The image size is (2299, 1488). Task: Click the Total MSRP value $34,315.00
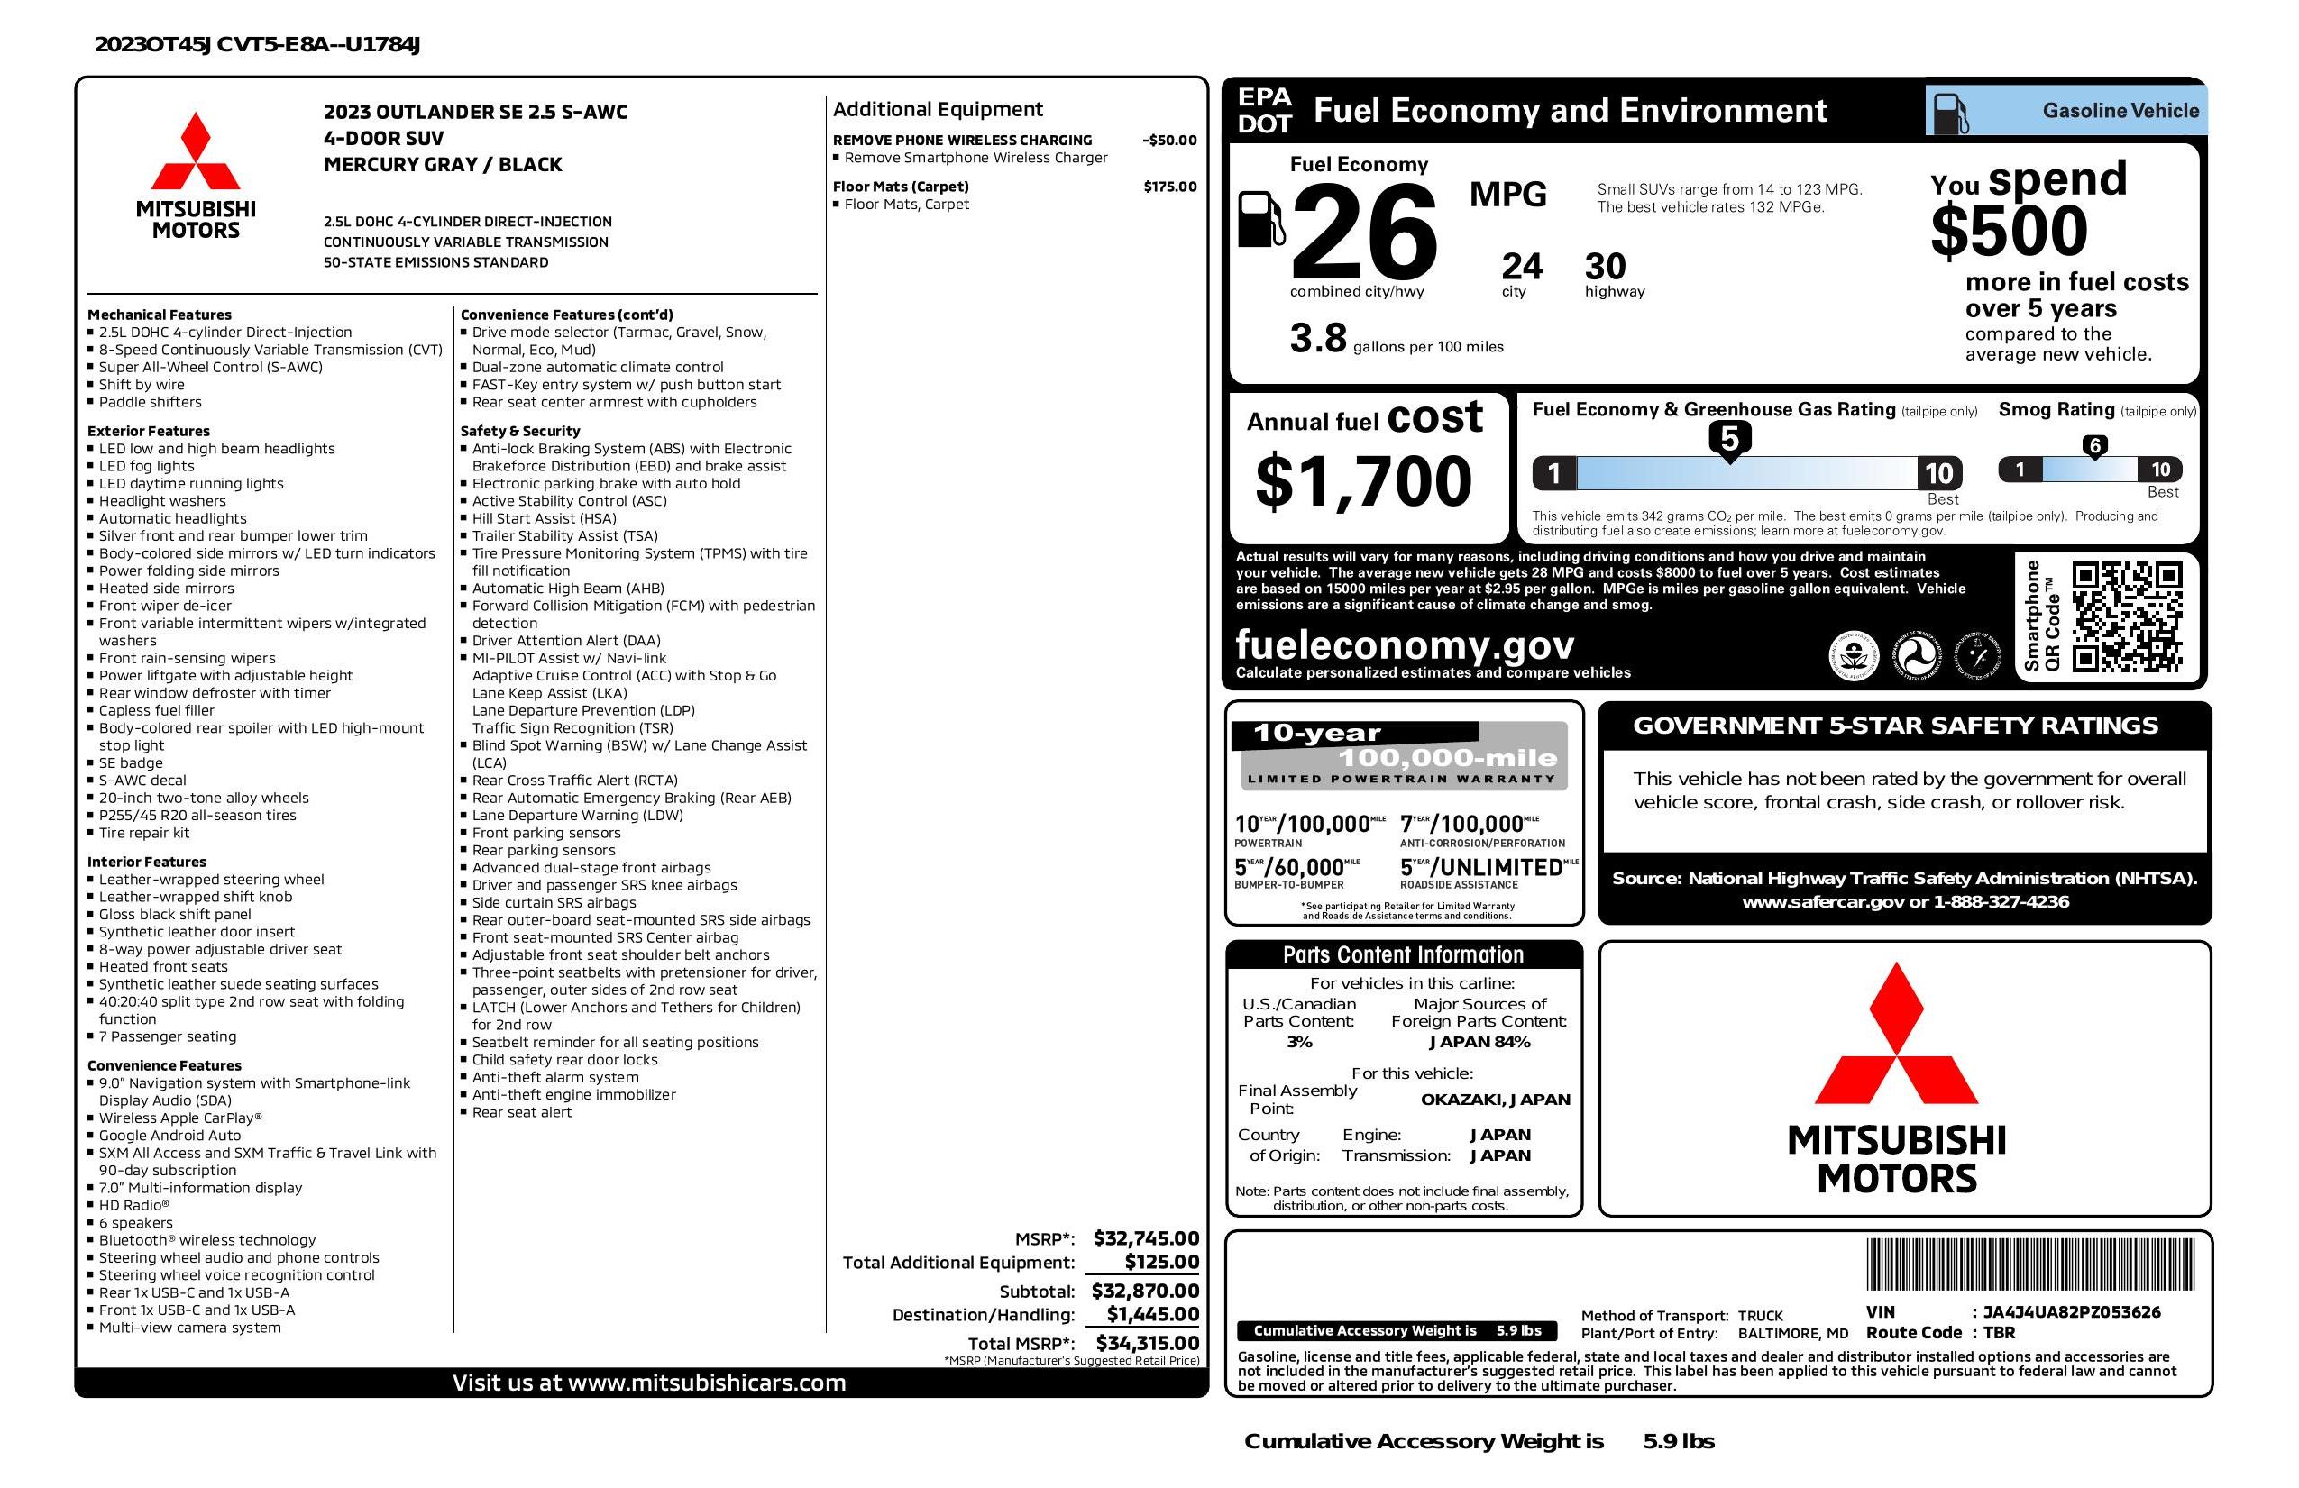1147,1342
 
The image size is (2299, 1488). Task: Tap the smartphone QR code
2126,616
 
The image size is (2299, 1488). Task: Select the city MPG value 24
1522,267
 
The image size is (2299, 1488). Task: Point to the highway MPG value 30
1606,267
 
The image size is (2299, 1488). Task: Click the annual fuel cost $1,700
1363,481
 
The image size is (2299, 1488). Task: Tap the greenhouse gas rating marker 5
1729,439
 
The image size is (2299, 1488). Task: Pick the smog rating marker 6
2094,446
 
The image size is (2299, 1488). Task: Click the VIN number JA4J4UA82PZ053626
2071,1311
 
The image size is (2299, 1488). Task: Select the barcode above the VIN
2029,1265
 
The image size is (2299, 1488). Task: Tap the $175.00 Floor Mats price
1170,187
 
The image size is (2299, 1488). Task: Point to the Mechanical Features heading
160,315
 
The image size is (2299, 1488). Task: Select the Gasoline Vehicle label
2120,111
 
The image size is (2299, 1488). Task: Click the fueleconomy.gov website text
1405,644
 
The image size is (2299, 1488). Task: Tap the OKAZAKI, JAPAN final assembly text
1495,1099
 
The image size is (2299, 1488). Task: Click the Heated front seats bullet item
163,966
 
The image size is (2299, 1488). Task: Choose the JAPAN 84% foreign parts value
1479,1042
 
